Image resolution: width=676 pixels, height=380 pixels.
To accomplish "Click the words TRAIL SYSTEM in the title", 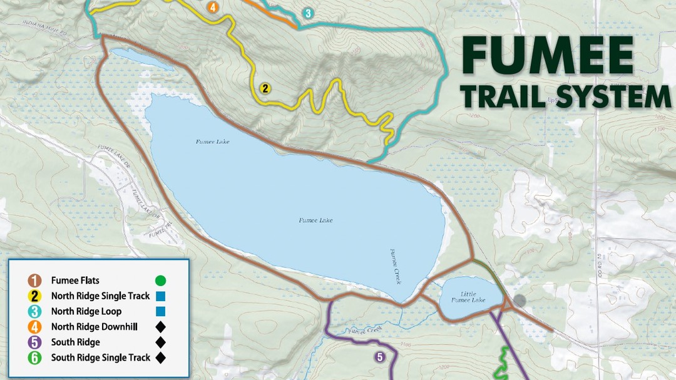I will click(566, 98).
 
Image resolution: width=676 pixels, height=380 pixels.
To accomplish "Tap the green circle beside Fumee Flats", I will click(160, 280).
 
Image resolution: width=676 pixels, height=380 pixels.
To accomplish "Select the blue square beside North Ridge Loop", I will click(160, 311).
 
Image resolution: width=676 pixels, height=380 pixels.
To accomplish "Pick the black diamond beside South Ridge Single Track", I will click(160, 357).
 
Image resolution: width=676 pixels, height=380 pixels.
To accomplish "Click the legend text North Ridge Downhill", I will click(95, 327).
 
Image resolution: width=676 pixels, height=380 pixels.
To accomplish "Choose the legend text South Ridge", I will click(76, 342).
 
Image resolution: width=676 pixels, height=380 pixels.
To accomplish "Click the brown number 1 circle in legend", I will click(35, 280).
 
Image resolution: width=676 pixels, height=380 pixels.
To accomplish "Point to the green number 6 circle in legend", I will click(35, 357).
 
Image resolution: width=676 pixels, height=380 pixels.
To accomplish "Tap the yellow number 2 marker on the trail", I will click(265, 88).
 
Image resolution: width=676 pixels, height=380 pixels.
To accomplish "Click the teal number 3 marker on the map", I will click(307, 13).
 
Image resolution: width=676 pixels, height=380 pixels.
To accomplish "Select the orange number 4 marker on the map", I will click(213, 8).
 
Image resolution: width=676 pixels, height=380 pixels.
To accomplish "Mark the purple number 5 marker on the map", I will click(379, 357).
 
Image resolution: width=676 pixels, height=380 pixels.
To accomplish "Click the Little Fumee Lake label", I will click(473, 297).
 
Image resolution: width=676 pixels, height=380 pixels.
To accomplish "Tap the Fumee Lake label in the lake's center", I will click(315, 220).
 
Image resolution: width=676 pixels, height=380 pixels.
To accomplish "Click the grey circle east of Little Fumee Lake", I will click(520, 300).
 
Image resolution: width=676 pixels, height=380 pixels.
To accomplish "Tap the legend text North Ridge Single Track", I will click(100, 296).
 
